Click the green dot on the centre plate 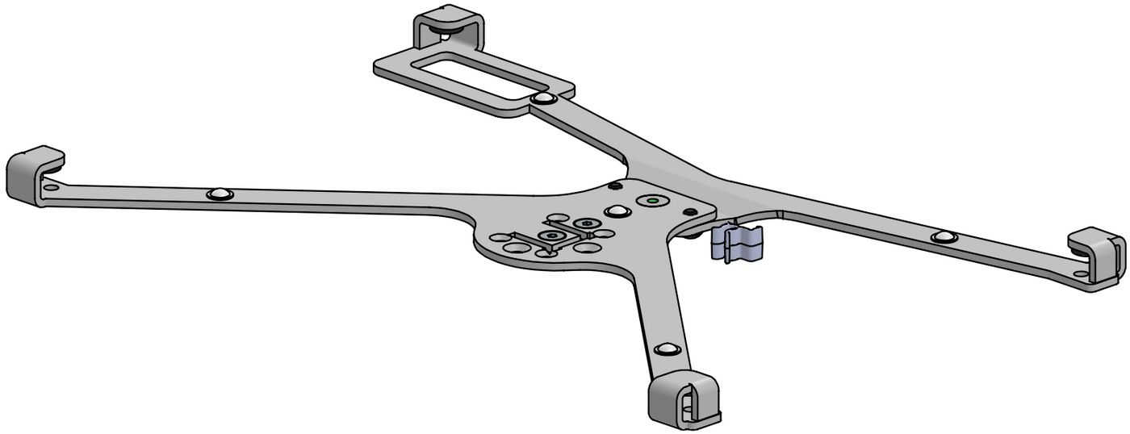pyautogui.click(x=651, y=199)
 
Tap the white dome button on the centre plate pyautogui.click(x=618, y=211)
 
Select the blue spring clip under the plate pyautogui.click(x=736, y=244)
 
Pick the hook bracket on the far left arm pyautogui.click(x=32, y=175)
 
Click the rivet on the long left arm pyautogui.click(x=218, y=194)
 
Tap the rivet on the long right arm pyautogui.click(x=944, y=237)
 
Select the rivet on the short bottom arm pyautogui.click(x=666, y=349)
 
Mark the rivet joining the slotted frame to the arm pyautogui.click(x=543, y=99)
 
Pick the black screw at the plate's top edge pyautogui.click(x=616, y=186)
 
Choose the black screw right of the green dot pyautogui.click(x=690, y=211)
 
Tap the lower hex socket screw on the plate pyautogui.click(x=551, y=236)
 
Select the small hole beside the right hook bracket pyautogui.click(x=1080, y=275)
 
